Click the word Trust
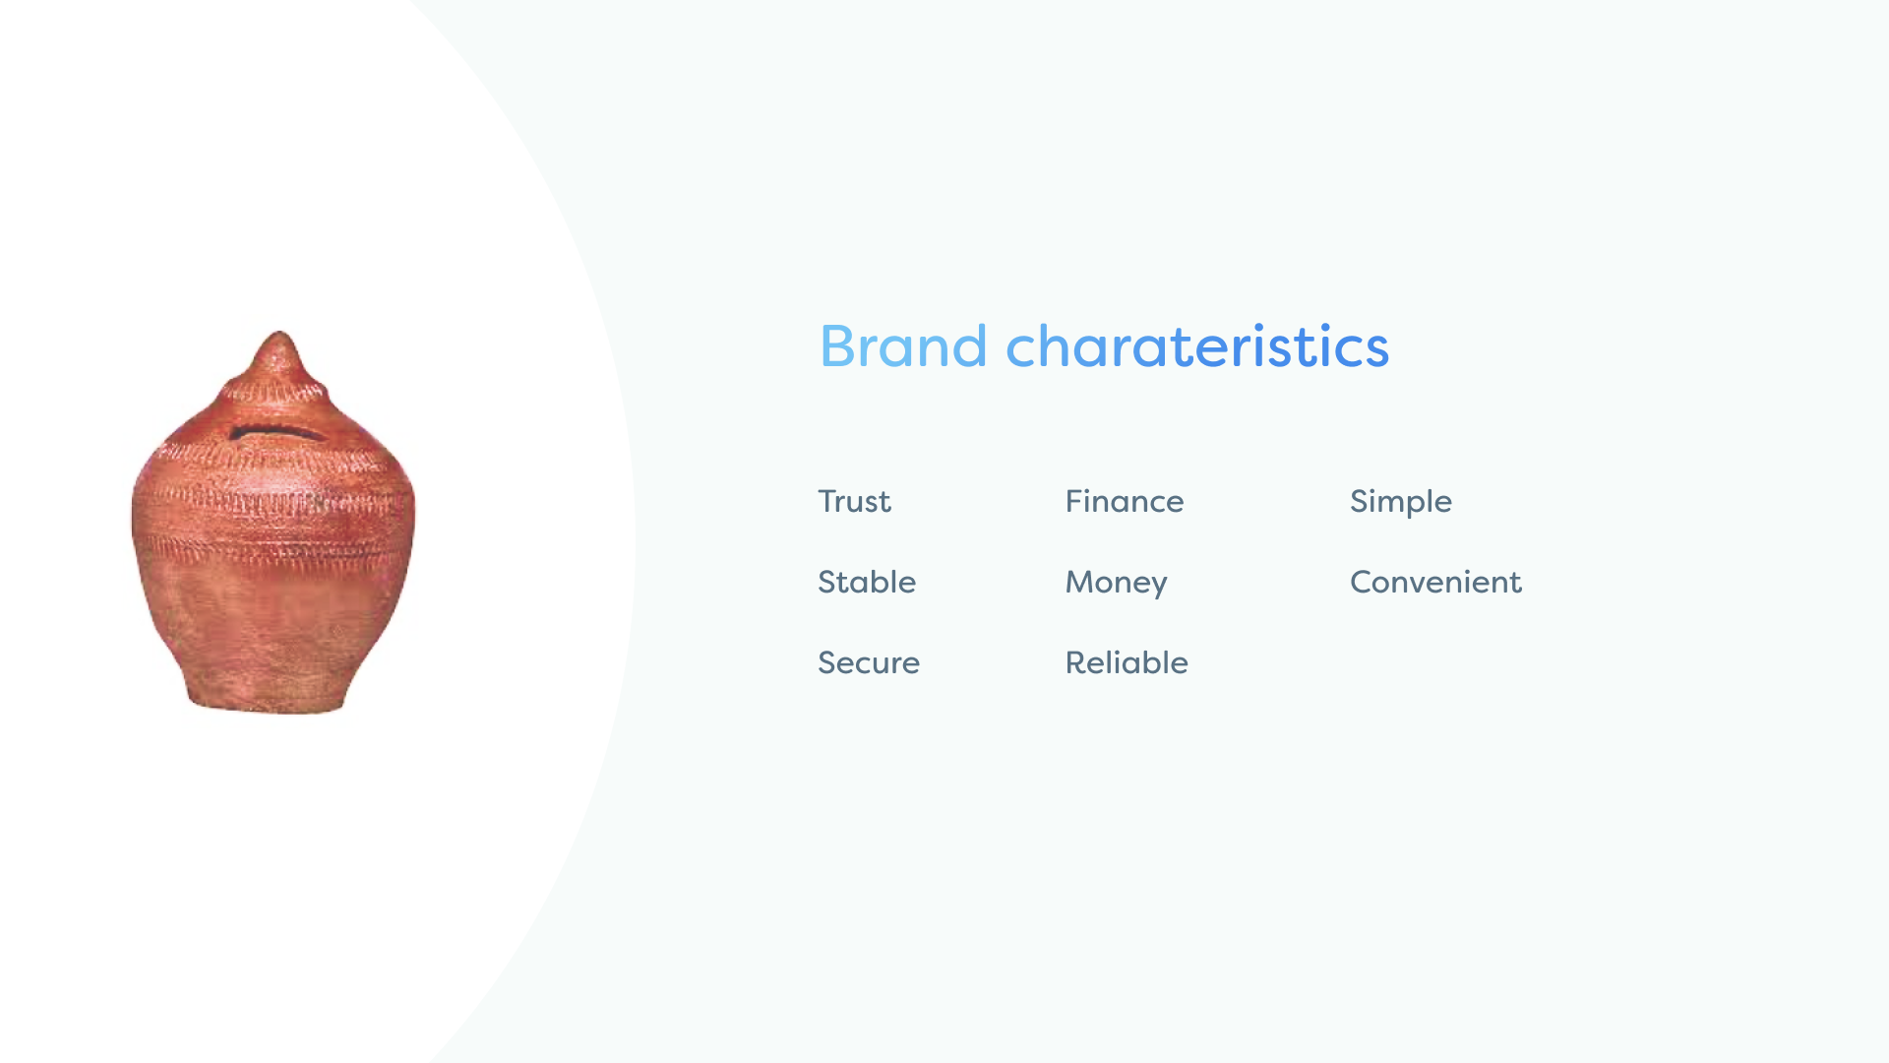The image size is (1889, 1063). (x=854, y=501)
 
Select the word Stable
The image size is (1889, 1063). (x=867, y=582)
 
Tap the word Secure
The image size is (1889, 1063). (x=869, y=662)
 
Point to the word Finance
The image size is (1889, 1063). (x=1125, y=501)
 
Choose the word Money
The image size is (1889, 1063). (x=1117, y=584)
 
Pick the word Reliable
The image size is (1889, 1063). (x=1127, y=662)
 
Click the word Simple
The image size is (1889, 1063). (x=1401, y=503)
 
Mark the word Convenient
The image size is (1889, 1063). (x=1435, y=582)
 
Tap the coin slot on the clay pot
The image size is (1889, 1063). (x=276, y=432)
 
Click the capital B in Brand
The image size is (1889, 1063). (x=837, y=346)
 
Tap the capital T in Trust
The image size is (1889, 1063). (x=828, y=501)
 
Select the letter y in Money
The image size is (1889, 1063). (x=1157, y=587)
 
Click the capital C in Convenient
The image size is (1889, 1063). (x=1363, y=582)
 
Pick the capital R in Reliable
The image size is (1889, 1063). (x=1076, y=662)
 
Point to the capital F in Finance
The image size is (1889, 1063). (x=1075, y=501)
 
